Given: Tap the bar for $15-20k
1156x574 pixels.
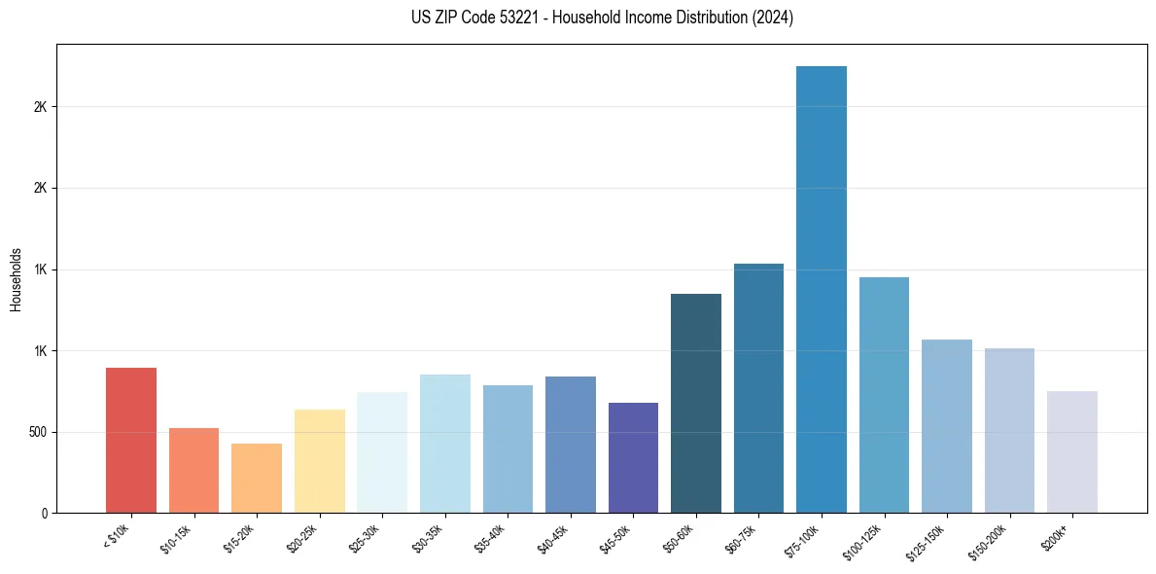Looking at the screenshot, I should point(257,478).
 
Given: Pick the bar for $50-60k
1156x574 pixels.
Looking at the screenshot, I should point(696,403).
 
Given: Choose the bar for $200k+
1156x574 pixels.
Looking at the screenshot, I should point(1072,451).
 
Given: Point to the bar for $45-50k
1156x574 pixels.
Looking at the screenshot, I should point(633,457).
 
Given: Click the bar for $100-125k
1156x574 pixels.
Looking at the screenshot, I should point(884,395).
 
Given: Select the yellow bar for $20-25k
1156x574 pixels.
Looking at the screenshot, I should point(320,460).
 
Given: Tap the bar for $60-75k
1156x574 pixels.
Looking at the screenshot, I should point(758,388).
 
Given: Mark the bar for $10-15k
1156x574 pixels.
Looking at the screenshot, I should point(193,470).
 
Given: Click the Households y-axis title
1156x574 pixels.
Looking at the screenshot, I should point(16,278).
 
